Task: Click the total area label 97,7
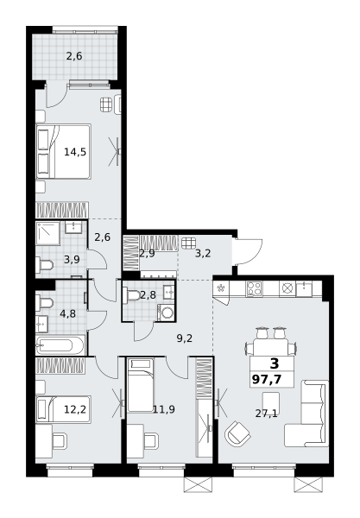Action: (x=267, y=379)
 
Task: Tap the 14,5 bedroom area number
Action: (x=75, y=152)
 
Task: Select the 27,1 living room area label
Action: (x=266, y=414)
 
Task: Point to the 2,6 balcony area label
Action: (x=74, y=56)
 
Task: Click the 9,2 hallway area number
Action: (x=184, y=338)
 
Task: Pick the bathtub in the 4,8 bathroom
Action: (x=60, y=345)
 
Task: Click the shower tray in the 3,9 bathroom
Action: (x=47, y=233)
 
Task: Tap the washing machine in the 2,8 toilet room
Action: (x=167, y=313)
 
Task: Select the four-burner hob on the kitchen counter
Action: (x=255, y=288)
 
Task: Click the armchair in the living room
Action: (x=237, y=433)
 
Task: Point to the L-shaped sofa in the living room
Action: (x=307, y=414)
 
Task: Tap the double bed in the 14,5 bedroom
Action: (x=63, y=152)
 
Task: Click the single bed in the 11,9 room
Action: (x=141, y=386)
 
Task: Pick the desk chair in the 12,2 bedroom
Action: (x=60, y=441)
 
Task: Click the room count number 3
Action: (x=275, y=363)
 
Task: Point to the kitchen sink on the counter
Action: (x=304, y=288)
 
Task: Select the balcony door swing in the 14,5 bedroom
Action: (x=56, y=95)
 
